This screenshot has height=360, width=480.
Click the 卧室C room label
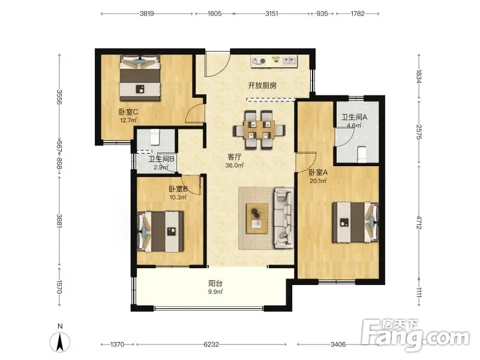pyautogui.click(x=128, y=112)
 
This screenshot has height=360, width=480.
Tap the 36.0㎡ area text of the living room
pyautogui.click(x=235, y=166)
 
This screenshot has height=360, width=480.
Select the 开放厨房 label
pyautogui.click(x=262, y=85)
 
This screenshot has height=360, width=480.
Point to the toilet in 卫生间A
pyautogui.click(x=362, y=154)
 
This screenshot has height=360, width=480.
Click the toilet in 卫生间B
pyautogui.click(x=155, y=137)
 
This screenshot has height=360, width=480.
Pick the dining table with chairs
pyautogui.click(x=259, y=130)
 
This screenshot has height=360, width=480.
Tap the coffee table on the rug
pyautogui.click(x=257, y=218)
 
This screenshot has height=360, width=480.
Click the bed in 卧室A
pyautogui.click(x=355, y=223)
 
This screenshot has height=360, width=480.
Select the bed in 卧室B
pyautogui.click(x=161, y=232)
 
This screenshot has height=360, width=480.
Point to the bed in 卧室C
pyautogui.click(x=140, y=78)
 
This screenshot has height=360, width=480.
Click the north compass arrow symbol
pyautogui.click(x=60, y=341)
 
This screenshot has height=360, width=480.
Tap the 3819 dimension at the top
pyautogui.click(x=147, y=13)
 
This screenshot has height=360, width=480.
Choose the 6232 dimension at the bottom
pyautogui.click(x=211, y=344)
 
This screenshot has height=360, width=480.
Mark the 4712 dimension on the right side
pyautogui.click(x=419, y=223)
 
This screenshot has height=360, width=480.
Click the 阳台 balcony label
pyautogui.click(x=215, y=283)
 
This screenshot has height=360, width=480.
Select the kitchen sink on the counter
pyautogui.click(x=289, y=61)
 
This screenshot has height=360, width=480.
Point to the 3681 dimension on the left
pyautogui.click(x=59, y=220)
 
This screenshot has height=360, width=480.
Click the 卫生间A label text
pyautogui.click(x=354, y=117)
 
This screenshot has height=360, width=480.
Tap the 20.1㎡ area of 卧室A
pyautogui.click(x=318, y=181)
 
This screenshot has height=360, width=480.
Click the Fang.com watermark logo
pyautogui.click(x=415, y=335)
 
